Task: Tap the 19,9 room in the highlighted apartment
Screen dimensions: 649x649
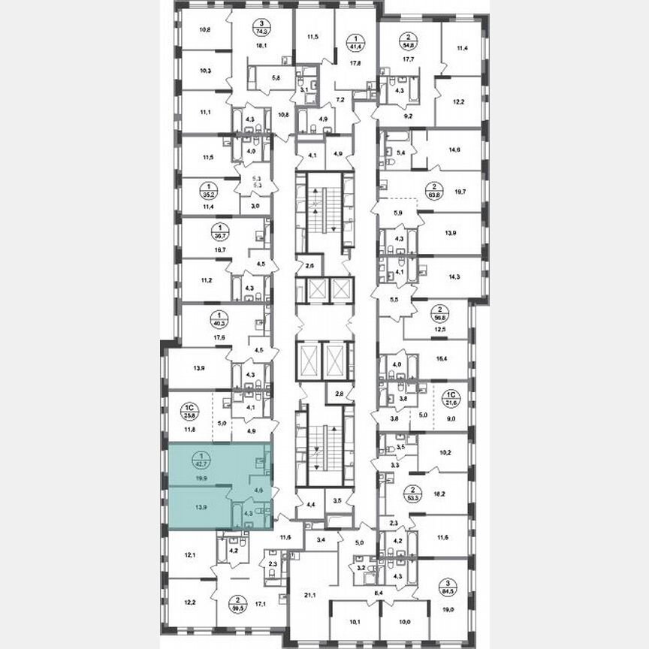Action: tap(199, 475)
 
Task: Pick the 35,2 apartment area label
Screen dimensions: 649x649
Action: tap(199, 192)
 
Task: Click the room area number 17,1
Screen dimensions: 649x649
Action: tap(259, 602)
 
